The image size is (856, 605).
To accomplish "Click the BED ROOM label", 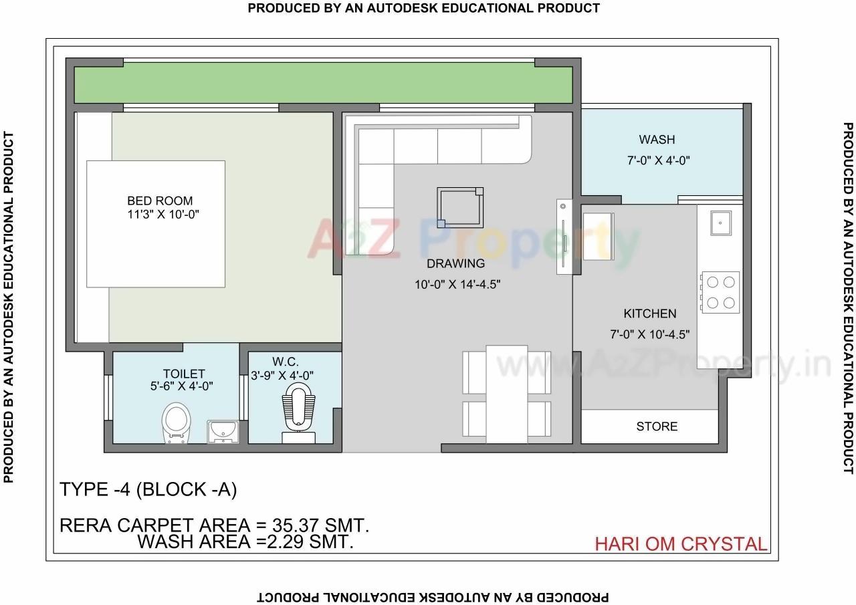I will tap(160, 201).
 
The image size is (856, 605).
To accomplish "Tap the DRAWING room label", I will tap(455, 263).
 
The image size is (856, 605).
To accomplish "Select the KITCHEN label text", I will tap(649, 314).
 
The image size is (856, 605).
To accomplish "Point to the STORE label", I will tap(657, 427).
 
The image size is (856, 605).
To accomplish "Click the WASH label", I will tap(657, 140).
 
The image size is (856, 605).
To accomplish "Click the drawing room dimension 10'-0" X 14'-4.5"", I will tap(457, 284).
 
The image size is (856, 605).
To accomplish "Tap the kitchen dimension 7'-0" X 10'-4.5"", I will tap(649, 334).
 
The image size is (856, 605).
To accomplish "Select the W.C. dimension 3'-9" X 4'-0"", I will tap(282, 376).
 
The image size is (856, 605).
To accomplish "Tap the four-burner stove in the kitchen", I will tap(720, 292).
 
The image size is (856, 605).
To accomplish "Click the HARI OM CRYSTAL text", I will tap(681, 544).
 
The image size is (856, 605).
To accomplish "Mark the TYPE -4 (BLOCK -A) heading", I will tap(148, 490).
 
